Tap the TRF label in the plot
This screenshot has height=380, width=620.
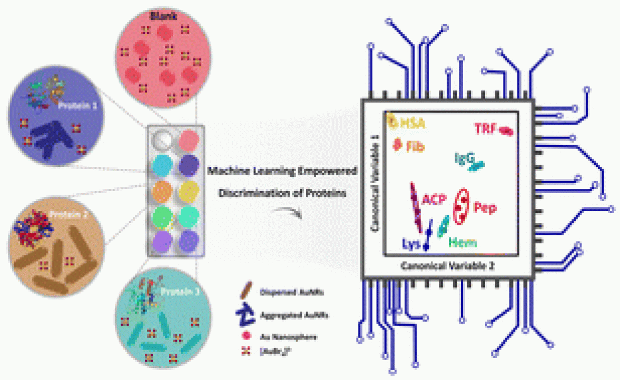[485, 128]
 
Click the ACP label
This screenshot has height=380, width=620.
[435, 199]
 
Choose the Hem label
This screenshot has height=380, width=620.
[463, 243]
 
